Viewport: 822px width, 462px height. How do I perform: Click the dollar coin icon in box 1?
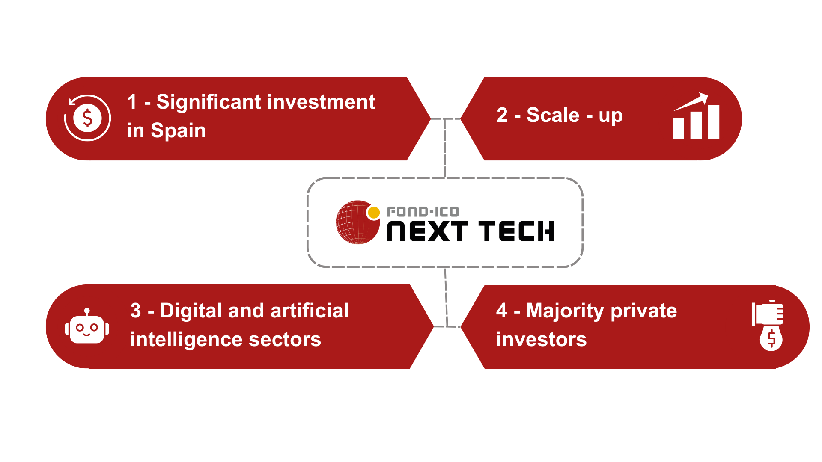(87, 118)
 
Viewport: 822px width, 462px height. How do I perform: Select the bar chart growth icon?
(696, 116)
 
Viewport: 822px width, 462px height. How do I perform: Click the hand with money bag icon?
(768, 326)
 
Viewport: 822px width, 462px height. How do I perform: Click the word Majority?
(565, 311)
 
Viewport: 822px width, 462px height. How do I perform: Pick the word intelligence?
(187, 340)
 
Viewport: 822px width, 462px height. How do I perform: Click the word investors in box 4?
(542, 340)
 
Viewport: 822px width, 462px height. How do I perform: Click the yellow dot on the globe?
(374, 212)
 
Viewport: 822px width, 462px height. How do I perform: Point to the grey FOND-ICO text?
(423, 212)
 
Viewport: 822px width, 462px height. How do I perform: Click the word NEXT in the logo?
(427, 231)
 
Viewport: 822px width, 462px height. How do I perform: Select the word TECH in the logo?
(516, 231)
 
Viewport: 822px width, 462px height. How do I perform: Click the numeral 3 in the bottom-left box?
(136, 311)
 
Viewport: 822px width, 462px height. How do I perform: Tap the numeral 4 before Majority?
(502, 311)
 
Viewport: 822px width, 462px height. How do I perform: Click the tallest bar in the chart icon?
(714, 122)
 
